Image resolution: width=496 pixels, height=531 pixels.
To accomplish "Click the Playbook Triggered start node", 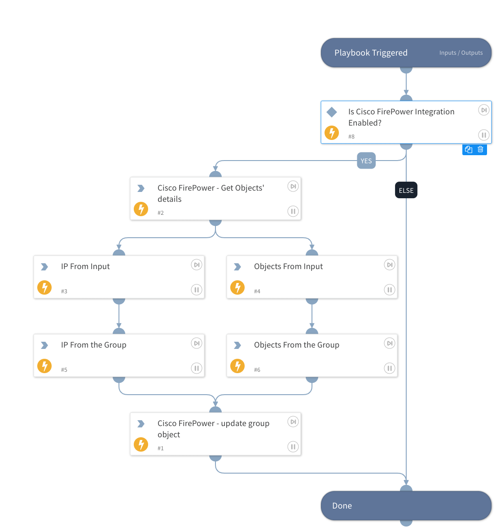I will coord(370,53).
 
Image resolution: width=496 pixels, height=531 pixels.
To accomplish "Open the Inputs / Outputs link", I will coord(461,53).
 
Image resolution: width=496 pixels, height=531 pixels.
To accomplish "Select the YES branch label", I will coord(366,161).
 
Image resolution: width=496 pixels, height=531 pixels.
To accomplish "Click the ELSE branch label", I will coord(406,190).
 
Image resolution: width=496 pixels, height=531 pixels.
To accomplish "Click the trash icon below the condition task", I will coord(480,149).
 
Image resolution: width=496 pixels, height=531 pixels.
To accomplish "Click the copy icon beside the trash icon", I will coord(469,149).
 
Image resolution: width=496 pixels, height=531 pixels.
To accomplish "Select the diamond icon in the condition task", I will coord(332,112).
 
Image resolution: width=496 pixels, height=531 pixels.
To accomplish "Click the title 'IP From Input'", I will coord(85,266).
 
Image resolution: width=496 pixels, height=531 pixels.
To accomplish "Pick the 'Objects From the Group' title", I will coord(296,345).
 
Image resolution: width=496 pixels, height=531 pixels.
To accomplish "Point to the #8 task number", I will coord(351,137).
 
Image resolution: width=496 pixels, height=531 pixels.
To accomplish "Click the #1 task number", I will coord(161,448).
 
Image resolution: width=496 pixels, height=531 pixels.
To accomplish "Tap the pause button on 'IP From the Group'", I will coord(197,368).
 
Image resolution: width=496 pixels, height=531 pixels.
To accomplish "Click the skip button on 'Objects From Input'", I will coord(390,265).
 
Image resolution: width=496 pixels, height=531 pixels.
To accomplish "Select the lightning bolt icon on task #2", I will coord(141,209).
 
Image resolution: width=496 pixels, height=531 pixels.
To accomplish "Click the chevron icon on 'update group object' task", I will coord(141,423).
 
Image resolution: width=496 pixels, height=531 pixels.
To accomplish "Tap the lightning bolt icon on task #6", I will coord(237,366).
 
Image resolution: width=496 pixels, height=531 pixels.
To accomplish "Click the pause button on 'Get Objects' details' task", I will coord(293,211).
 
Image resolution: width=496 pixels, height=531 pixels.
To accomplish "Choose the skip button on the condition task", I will coord(483,110).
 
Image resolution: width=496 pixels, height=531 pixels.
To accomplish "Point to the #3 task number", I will coord(64,292).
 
